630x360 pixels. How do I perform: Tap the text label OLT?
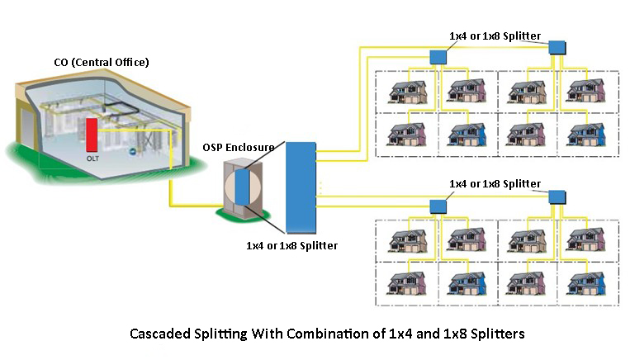(x=92, y=157)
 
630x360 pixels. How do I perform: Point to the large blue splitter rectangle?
(x=301, y=187)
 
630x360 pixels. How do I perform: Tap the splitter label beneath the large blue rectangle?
(x=291, y=245)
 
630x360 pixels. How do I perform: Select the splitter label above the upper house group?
(x=495, y=36)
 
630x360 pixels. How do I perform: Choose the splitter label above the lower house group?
(x=495, y=183)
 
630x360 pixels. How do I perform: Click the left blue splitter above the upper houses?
(x=438, y=56)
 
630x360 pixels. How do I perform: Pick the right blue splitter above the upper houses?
(x=557, y=47)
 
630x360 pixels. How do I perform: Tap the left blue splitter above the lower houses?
(x=438, y=205)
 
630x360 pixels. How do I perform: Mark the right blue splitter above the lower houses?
(x=557, y=197)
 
